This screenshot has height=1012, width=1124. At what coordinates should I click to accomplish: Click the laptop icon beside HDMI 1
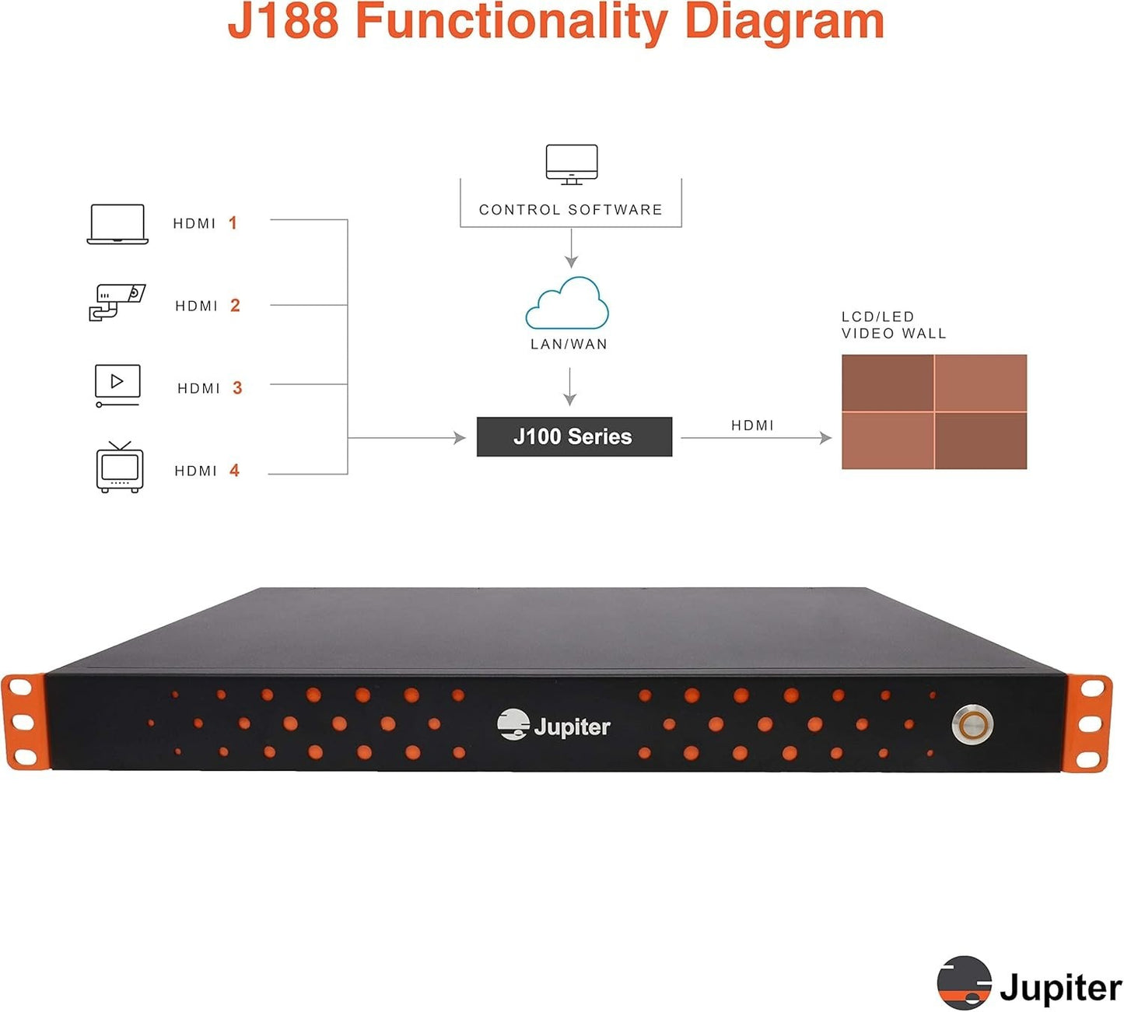[117, 224]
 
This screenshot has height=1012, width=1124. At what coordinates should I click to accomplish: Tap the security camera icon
[117, 303]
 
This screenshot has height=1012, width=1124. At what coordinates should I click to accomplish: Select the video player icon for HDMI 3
[117, 386]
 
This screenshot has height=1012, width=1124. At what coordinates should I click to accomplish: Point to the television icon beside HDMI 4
[120, 467]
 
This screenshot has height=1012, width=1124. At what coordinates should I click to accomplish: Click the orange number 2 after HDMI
[236, 306]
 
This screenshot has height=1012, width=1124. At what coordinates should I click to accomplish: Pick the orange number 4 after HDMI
[234, 470]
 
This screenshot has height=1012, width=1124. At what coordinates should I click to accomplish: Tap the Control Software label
[570, 209]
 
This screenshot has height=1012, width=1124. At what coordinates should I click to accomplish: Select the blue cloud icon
[567, 303]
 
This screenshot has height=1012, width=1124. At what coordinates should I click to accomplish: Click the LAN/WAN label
[569, 344]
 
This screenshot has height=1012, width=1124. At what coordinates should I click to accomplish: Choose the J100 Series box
[574, 436]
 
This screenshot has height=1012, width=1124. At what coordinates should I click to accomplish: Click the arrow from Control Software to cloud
[571, 248]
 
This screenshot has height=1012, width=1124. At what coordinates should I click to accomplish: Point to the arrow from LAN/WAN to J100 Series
[570, 387]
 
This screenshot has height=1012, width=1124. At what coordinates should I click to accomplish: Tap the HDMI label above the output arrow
[752, 425]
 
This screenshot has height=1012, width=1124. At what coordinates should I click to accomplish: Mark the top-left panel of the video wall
[888, 383]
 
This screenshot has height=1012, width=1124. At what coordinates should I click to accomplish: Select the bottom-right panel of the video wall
[981, 441]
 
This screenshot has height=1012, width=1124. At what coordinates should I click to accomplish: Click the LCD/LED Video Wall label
[894, 325]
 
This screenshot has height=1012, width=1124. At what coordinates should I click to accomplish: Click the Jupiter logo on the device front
[554, 725]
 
